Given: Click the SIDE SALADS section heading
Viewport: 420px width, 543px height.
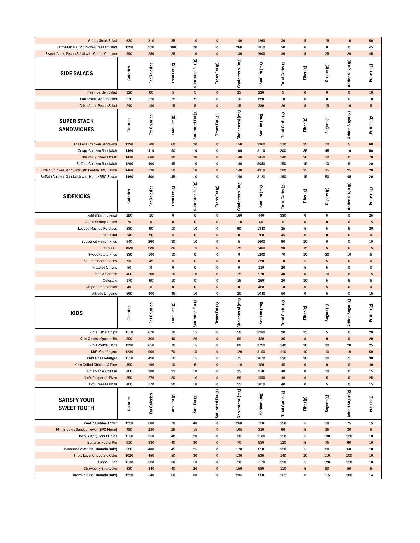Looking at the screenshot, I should coord(76,73).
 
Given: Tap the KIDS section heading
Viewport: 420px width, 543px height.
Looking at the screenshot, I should coord(76,313).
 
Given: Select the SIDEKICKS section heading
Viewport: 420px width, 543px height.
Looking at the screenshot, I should coord(76,196).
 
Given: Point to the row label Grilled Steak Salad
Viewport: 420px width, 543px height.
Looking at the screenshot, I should coord(102,41).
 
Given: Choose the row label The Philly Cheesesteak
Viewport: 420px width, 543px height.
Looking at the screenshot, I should coord(99,157).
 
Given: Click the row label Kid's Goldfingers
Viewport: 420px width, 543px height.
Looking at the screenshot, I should coord(104,352).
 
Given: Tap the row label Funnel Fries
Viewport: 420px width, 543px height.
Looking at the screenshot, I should coord(107,462).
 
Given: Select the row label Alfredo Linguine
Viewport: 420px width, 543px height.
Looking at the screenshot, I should coord(104,294).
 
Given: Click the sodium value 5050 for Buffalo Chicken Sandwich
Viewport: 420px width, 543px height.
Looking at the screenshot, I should coord(261,164).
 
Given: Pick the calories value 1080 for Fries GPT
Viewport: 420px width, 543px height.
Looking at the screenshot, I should coord(129,248).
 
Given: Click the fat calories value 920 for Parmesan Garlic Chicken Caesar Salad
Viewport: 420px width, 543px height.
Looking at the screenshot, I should coord(151,47).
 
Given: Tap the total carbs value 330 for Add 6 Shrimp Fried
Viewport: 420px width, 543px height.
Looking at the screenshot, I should coord(283,216).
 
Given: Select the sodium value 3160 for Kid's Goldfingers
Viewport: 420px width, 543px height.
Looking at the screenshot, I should coord(261,352).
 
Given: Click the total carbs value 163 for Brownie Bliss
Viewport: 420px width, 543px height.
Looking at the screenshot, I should coord(283,475).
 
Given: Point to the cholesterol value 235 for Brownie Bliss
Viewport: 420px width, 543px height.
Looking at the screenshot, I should coord(239,475).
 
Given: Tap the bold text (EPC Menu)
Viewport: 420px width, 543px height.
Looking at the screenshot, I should coord(108,430).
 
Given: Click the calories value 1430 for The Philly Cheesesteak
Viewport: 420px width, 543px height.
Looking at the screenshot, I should coord(129,157).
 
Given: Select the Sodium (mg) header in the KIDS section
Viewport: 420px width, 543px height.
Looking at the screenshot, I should coord(261,313).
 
